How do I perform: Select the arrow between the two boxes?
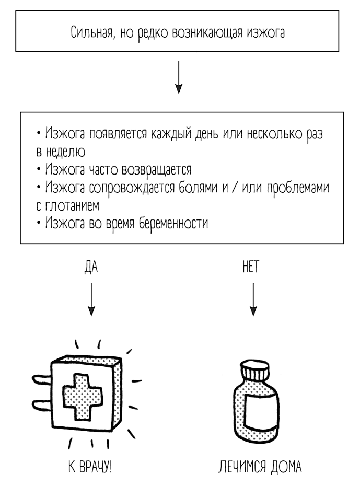click(x=179, y=77)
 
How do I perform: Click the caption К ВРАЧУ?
click(x=90, y=466)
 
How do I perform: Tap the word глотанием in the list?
click(x=72, y=206)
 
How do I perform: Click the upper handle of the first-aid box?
click(x=41, y=377)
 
